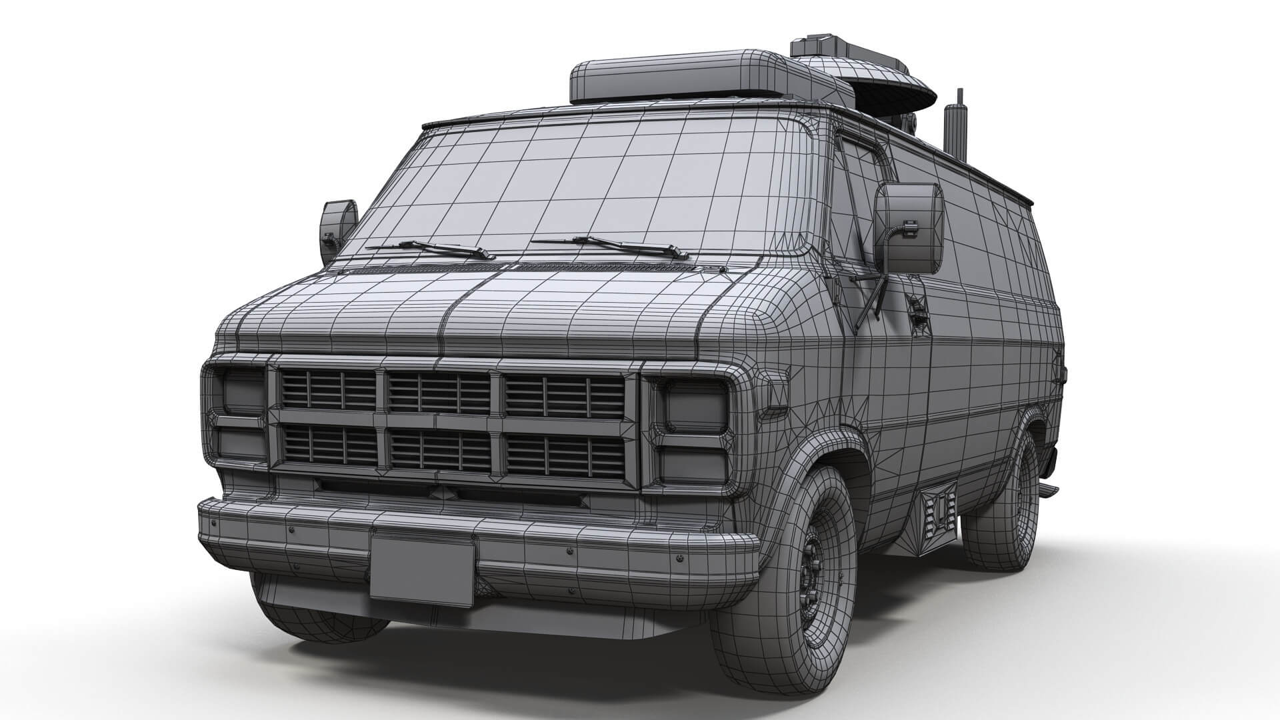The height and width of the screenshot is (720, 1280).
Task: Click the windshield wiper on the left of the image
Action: point(433,249)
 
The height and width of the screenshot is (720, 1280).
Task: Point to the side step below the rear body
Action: point(1047,491)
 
